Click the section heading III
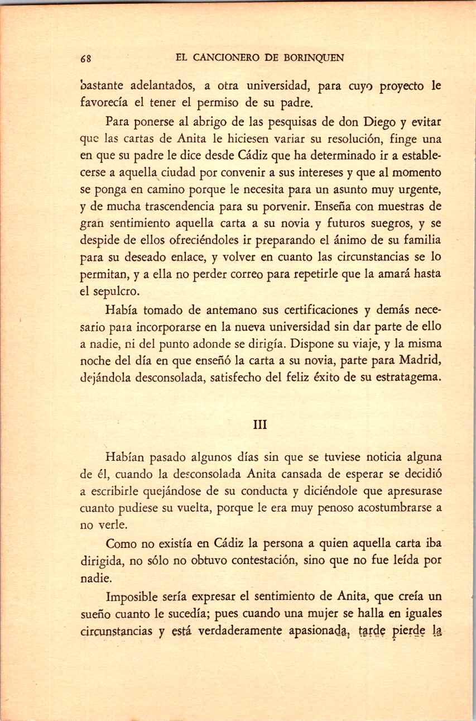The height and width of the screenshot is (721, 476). [x=261, y=425]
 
